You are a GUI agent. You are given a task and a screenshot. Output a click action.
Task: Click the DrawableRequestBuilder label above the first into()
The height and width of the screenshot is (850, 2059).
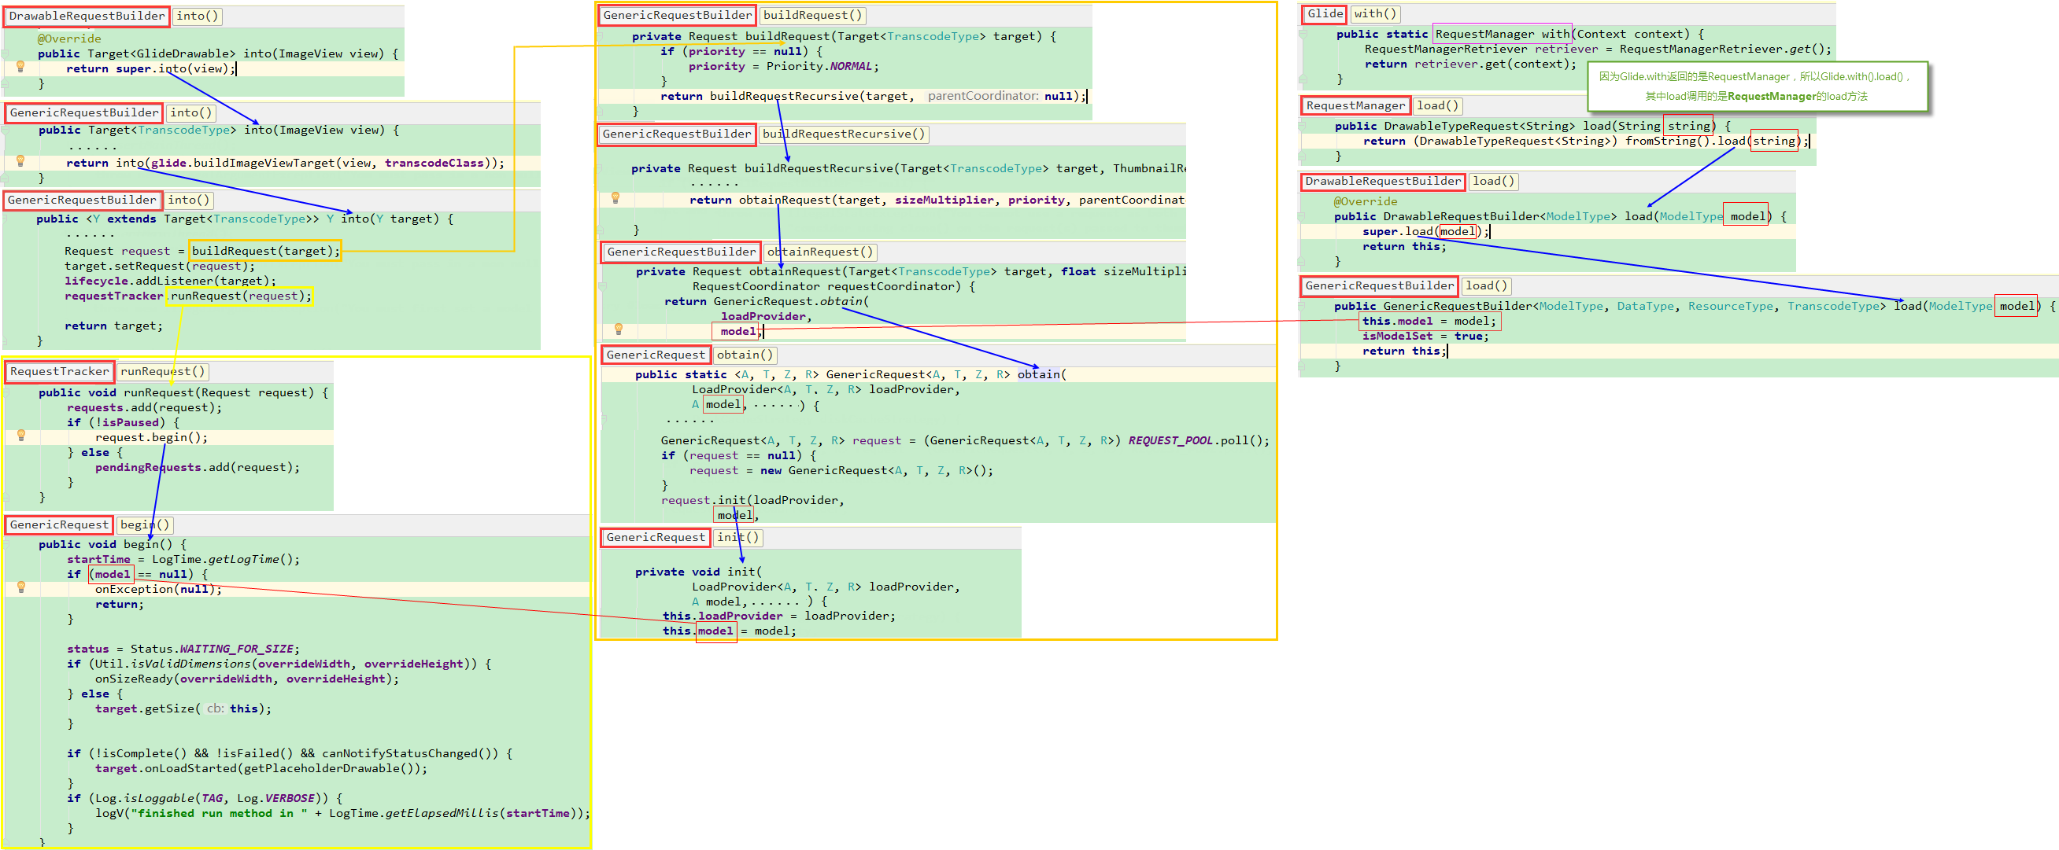click(87, 16)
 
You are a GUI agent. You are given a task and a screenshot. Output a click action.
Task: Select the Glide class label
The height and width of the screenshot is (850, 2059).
click(1325, 13)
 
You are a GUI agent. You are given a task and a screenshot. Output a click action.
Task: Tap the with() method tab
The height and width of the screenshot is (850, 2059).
click(1375, 13)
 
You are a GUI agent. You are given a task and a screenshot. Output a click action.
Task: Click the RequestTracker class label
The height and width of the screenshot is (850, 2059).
click(59, 371)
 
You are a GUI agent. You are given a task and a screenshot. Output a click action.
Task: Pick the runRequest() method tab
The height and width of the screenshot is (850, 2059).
click(163, 371)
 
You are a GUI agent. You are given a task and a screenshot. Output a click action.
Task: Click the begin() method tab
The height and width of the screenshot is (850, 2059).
click(145, 524)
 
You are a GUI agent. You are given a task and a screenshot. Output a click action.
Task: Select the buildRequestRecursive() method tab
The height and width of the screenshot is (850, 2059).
click(843, 134)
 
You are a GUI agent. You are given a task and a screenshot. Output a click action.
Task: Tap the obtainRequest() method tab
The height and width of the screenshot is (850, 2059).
click(820, 252)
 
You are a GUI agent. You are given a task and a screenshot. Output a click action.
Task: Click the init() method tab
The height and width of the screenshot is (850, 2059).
click(737, 538)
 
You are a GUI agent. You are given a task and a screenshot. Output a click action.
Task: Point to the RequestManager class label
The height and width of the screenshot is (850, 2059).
click(1355, 105)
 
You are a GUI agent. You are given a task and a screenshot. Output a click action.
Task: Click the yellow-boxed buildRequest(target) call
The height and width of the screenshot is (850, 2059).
click(265, 251)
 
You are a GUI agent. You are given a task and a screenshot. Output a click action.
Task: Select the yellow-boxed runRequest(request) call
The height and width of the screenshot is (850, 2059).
click(240, 296)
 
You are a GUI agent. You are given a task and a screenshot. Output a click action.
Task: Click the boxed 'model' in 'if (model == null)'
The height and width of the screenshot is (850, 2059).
click(112, 574)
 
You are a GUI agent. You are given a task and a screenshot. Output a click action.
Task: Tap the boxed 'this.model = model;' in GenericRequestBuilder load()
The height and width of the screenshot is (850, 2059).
click(1429, 321)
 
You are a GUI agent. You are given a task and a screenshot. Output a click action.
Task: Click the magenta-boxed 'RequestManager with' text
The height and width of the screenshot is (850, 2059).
click(1502, 34)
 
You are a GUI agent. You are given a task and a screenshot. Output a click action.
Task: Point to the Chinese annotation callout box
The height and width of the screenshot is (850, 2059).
click(1758, 86)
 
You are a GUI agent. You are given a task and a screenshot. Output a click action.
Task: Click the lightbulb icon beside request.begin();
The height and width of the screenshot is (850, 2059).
click(21, 436)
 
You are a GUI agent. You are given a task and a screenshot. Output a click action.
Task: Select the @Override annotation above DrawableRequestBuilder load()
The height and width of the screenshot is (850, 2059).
click(1366, 201)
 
